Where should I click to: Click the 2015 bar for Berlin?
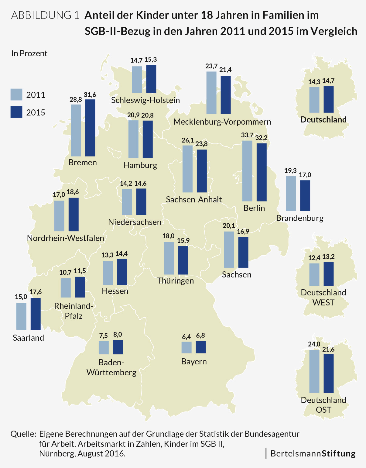point(262,172)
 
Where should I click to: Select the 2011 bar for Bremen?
point(76,130)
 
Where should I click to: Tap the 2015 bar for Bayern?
point(201,347)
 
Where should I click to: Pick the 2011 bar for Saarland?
point(21,316)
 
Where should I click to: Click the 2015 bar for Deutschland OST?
point(329,373)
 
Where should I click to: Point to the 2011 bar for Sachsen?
point(229,249)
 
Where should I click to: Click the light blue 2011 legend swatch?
point(16,95)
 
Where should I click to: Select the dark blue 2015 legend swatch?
point(16,112)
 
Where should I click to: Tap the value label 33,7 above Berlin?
point(247,135)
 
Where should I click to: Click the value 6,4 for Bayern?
point(186,337)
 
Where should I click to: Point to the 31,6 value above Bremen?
point(90,95)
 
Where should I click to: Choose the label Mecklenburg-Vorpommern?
point(222,122)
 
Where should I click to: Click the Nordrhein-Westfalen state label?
point(66,238)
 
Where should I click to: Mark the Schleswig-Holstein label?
point(145,100)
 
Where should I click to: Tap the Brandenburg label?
point(300,218)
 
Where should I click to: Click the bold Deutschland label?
point(323,119)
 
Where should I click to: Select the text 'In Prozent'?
point(29,53)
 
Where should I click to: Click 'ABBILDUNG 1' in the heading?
point(45,15)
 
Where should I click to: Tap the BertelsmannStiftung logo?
point(313,453)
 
